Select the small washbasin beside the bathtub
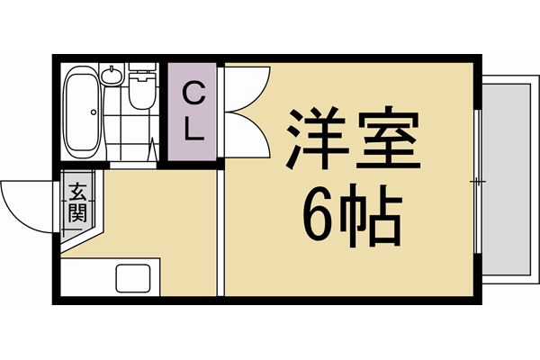112,74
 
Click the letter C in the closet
193,92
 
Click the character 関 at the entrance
76,213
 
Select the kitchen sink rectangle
135,280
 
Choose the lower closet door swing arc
245,135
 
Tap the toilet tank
139,69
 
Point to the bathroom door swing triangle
155,148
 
